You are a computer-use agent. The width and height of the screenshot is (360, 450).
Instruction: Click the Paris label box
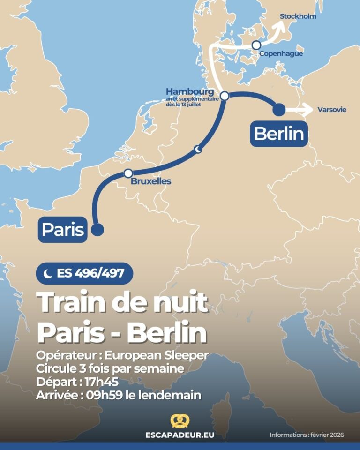(x=63, y=230)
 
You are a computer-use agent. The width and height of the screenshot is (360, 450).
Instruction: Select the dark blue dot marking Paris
(x=97, y=230)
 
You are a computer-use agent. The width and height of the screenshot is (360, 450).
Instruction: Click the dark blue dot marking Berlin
(x=279, y=109)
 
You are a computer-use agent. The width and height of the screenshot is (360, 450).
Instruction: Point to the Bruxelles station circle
(x=128, y=173)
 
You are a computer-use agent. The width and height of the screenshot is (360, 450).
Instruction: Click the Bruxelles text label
(x=151, y=181)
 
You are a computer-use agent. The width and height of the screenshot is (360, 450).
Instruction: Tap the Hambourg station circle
(x=225, y=96)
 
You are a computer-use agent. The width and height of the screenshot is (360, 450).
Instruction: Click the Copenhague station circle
(x=256, y=45)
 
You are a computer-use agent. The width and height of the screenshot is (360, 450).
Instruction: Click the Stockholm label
(x=298, y=16)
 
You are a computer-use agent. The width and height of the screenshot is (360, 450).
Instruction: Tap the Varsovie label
(x=332, y=110)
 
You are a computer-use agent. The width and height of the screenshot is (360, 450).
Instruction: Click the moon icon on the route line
(x=198, y=149)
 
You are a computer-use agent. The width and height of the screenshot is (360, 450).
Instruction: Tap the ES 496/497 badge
(x=84, y=273)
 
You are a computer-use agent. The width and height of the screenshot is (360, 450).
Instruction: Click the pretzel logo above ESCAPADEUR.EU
(x=180, y=420)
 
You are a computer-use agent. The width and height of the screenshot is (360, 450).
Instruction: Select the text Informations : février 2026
(x=307, y=435)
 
